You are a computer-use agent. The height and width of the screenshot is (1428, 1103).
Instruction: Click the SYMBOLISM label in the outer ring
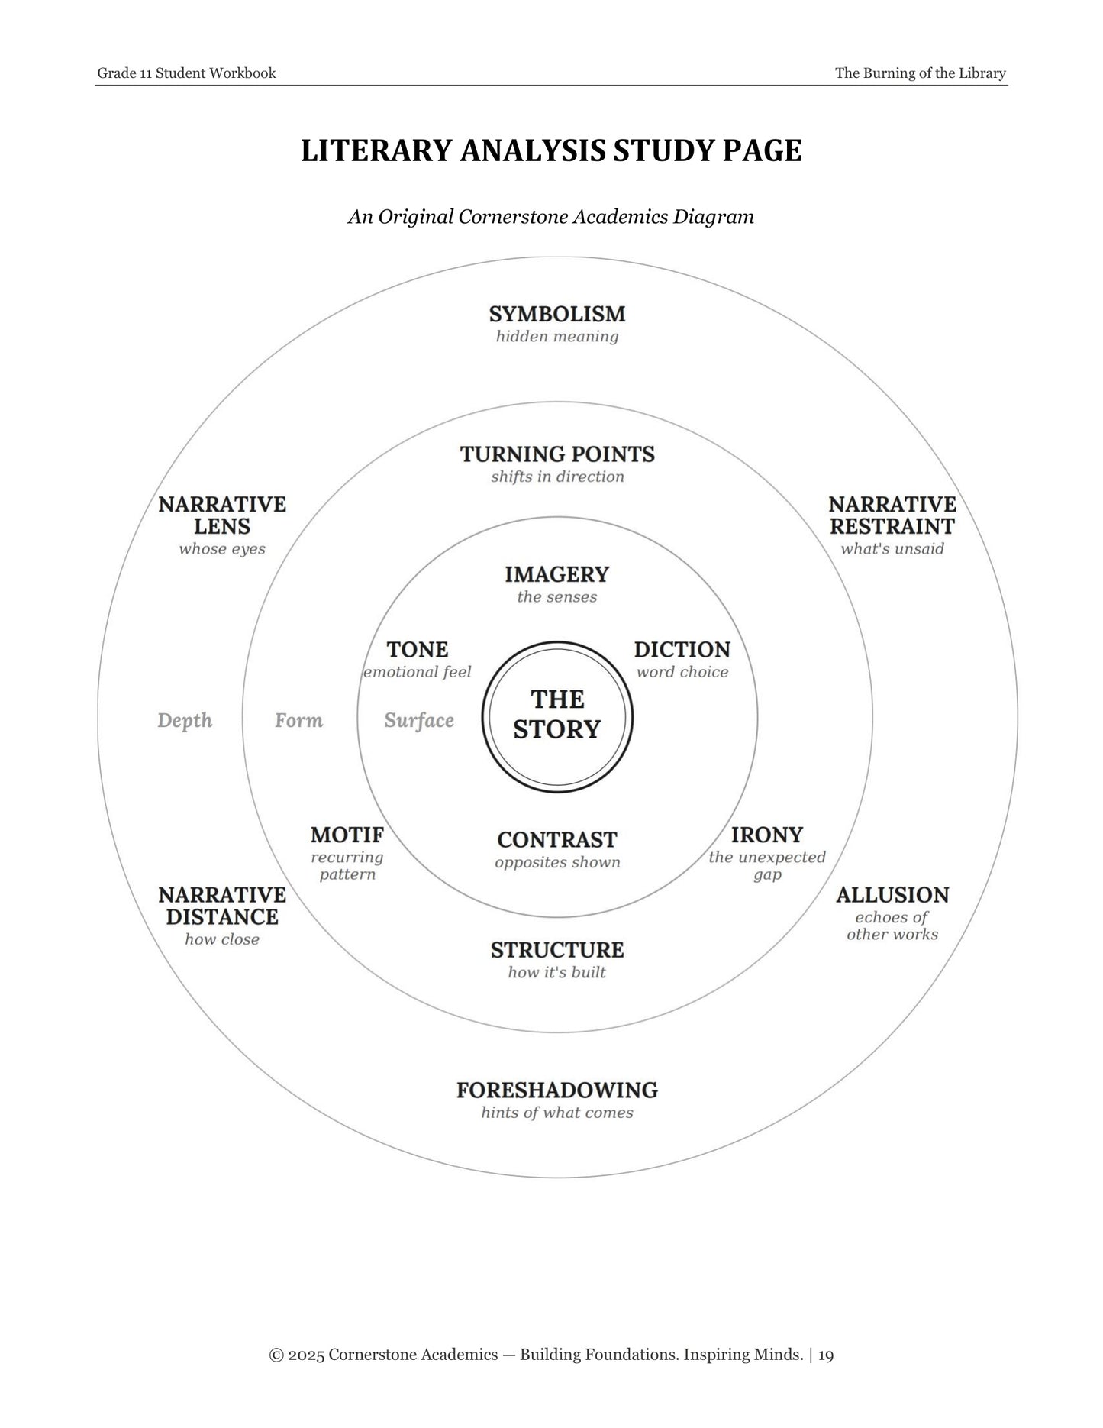557,314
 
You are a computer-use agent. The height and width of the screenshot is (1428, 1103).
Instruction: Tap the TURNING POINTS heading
557,454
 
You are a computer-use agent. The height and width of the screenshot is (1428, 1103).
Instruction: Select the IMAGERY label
557,574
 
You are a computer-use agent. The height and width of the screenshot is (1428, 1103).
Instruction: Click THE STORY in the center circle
557,714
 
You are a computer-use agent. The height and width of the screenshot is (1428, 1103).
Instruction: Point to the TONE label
418,650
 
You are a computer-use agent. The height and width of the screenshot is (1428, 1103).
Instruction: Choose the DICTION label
682,650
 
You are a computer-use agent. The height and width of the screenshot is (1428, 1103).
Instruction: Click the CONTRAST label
557,840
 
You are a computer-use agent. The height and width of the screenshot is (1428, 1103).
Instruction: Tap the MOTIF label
347,835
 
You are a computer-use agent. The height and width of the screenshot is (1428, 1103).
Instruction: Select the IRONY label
767,835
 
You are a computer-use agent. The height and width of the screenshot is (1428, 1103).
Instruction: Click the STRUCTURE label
557,950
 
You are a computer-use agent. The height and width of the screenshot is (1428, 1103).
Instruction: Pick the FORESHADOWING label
557,1090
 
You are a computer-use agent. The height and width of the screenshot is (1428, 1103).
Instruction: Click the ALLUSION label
892,895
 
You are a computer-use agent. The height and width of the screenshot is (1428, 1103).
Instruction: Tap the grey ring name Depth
185,721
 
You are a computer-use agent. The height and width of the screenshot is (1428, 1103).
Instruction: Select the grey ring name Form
299,721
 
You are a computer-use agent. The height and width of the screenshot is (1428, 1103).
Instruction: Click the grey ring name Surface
419,721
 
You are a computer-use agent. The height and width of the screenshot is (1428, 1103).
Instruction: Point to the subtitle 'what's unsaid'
892,549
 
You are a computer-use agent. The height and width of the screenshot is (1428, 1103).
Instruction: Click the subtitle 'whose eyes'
222,549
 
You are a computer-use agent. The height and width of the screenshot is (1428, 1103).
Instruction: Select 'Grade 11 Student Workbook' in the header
187,73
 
